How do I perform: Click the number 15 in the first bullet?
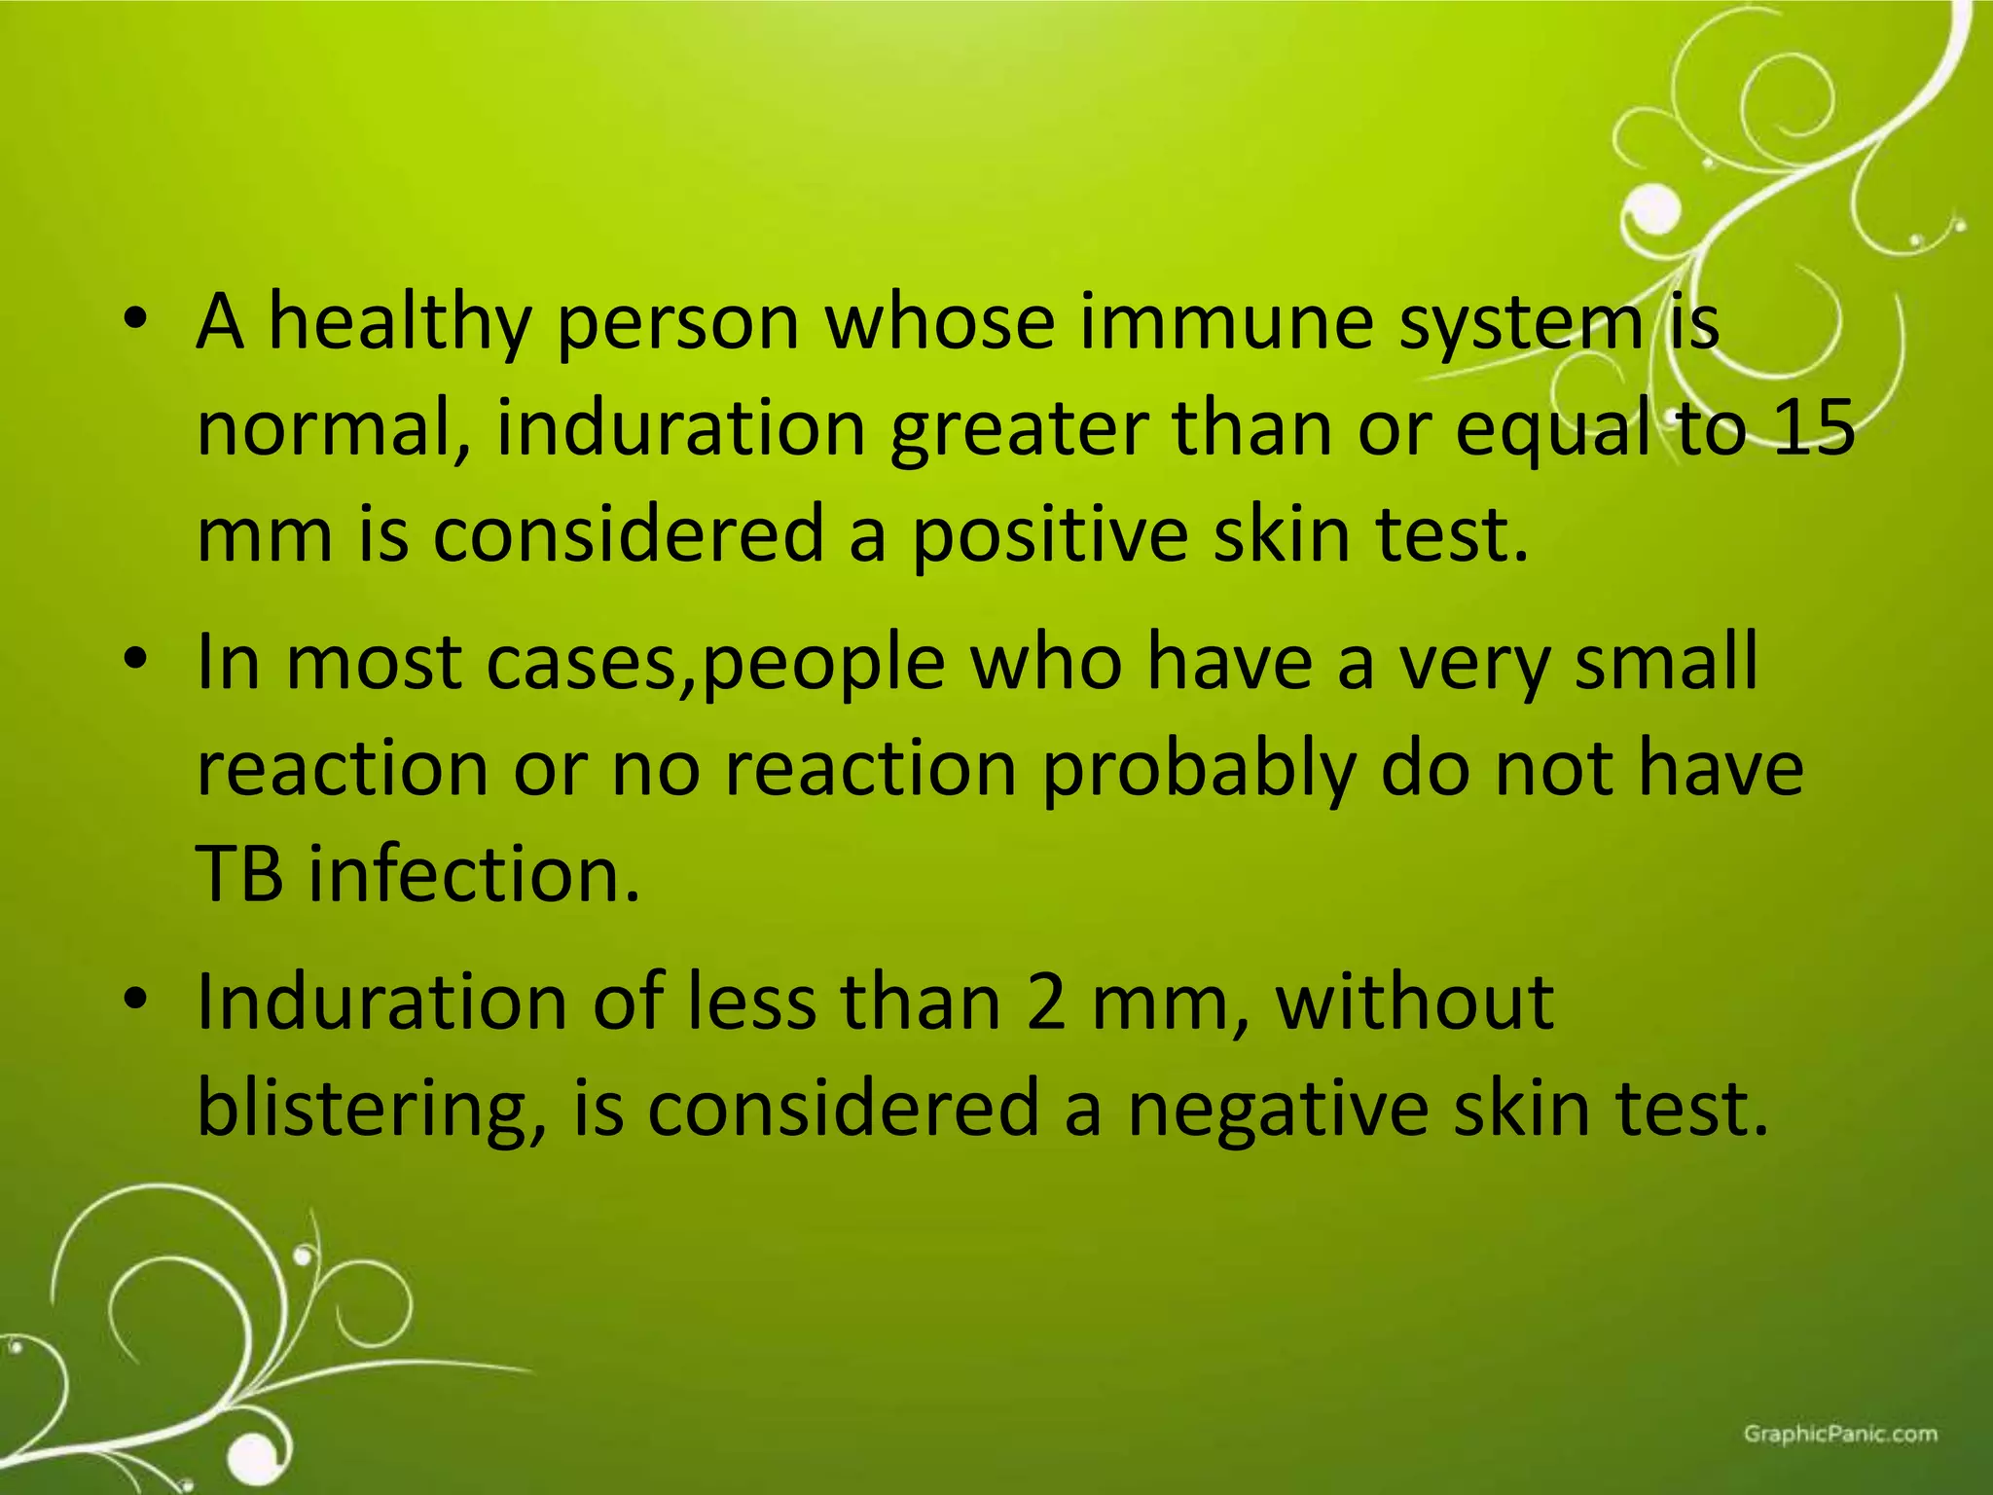pyautogui.click(x=1811, y=428)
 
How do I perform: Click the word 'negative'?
pyautogui.click(x=1277, y=1110)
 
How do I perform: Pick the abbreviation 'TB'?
pyautogui.click(x=240, y=874)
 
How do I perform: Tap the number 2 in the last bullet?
pyautogui.click(x=1045, y=1003)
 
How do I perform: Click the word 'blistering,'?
pyautogui.click(x=371, y=1110)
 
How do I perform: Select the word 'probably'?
pyautogui.click(x=1198, y=769)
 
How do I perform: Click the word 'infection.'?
pyautogui.click(x=475, y=874)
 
